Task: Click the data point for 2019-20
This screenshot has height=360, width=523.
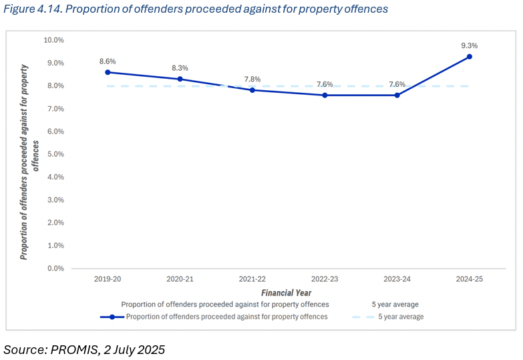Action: point(108,72)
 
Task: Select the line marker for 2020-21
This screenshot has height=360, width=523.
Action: point(180,79)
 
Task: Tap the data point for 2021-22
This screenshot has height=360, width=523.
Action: point(252,90)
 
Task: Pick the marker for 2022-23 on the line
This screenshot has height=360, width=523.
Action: point(325,95)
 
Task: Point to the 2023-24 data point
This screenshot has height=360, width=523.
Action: point(397,95)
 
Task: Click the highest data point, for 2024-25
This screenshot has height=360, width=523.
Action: point(469,56)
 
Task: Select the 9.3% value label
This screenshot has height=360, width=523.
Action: point(469,45)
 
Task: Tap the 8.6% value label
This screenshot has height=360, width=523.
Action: point(108,61)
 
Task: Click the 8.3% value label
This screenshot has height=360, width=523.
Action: point(180,68)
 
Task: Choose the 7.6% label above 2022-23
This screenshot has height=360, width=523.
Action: point(325,84)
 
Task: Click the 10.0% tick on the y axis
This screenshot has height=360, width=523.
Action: point(53,40)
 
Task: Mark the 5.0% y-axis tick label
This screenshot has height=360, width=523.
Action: point(55,154)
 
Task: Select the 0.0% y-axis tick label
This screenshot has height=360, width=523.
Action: point(55,268)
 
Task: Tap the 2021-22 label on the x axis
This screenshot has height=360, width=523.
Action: point(252,279)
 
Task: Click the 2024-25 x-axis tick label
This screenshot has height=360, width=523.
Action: point(469,279)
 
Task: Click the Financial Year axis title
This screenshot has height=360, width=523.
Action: point(286,293)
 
